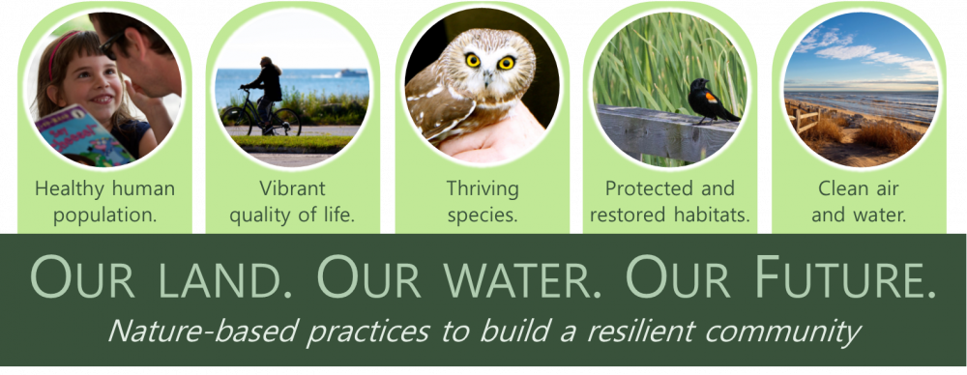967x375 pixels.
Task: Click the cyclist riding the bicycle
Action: coord(266,87)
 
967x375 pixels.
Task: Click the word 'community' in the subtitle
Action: coord(793,332)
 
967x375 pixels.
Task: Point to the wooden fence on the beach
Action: coord(805,121)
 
